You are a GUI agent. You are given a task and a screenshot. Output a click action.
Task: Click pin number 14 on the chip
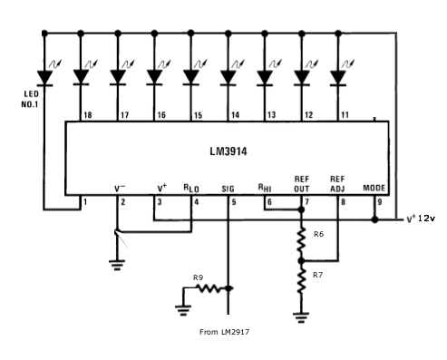(x=234, y=117)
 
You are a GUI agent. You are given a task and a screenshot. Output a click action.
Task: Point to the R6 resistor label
(x=317, y=234)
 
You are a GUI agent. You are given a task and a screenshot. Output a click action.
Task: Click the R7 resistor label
(x=317, y=273)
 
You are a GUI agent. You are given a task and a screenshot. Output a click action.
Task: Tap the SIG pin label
(x=228, y=189)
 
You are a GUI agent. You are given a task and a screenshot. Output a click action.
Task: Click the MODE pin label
(x=374, y=189)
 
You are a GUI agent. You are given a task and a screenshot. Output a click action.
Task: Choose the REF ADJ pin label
(x=337, y=183)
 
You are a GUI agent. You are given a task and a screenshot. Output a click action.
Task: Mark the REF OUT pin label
(x=302, y=183)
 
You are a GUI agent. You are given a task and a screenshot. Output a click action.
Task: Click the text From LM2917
(x=224, y=332)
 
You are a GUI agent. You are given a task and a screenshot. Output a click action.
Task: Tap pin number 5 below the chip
(x=233, y=200)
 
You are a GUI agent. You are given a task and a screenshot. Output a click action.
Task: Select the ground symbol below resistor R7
(x=301, y=316)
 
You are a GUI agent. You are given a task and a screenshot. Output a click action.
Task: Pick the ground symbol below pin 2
(x=116, y=265)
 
